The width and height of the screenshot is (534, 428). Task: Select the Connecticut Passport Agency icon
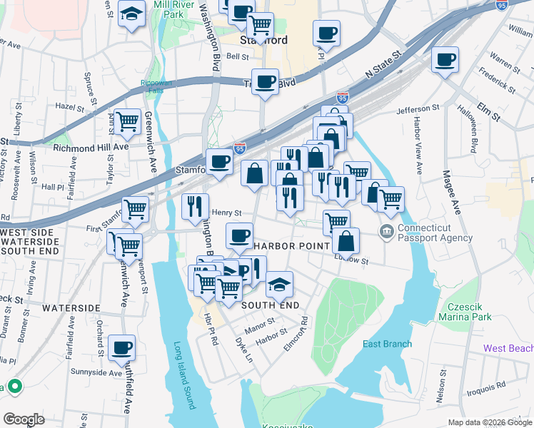coord(386,231)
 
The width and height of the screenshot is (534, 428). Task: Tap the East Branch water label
coord(387,344)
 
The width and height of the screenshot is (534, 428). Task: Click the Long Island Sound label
coord(184,375)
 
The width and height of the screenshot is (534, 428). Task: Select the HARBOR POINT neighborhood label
coord(293,246)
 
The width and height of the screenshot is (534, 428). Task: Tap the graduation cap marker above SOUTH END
coord(279,284)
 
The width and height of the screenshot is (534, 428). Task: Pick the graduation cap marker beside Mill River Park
coord(131,14)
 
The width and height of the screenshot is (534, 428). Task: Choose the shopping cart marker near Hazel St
coord(128,122)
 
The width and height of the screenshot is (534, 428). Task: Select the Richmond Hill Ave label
coord(91,147)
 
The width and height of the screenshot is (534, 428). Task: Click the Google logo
coord(24,419)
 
